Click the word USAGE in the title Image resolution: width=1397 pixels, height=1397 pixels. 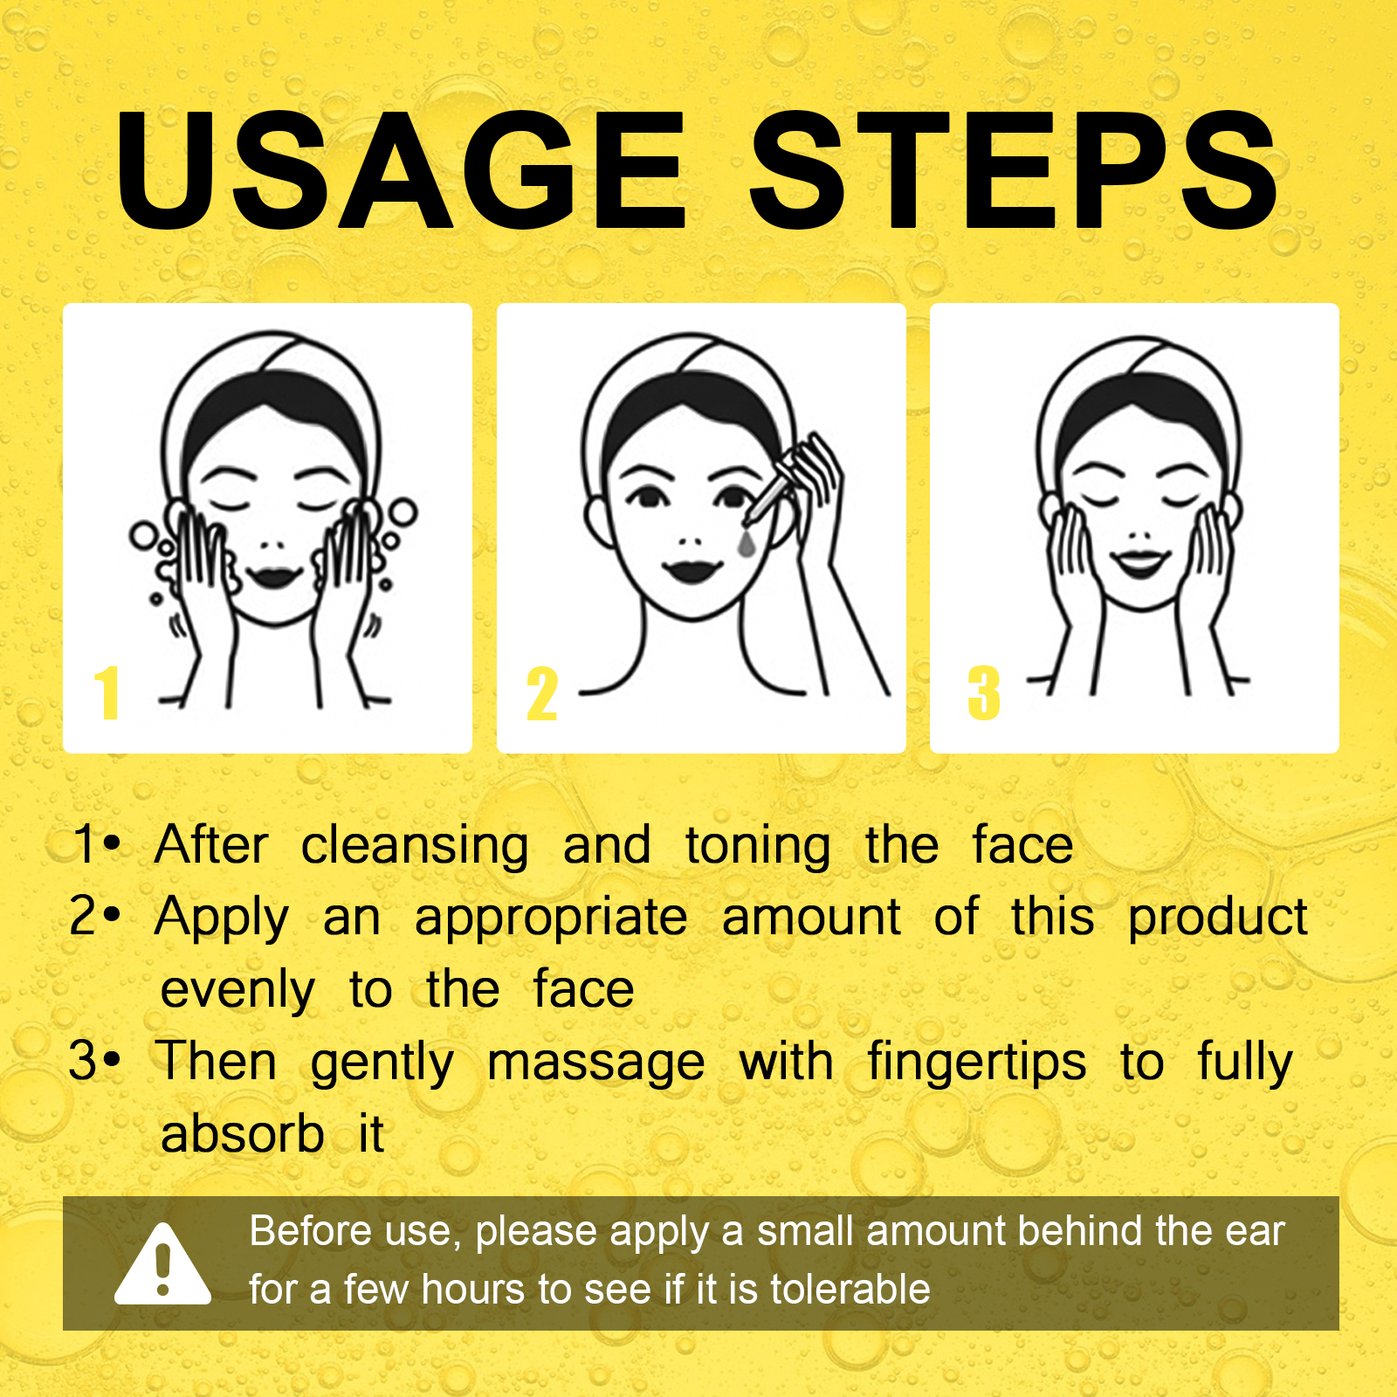[x=400, y=170]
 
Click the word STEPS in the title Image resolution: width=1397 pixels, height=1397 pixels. [x=1014, y=170]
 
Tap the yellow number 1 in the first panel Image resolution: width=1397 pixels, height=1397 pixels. [x=107, y=692]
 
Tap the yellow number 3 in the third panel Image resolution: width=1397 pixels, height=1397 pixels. [x=984, y=693]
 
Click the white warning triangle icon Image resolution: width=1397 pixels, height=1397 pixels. [x=162, y=1265]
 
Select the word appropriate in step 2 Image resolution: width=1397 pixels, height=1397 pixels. [x=551, y=919]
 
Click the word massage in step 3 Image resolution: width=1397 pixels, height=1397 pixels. [x=596, y=1064]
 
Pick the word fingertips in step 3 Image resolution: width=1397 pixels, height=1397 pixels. [x=977, y=1063]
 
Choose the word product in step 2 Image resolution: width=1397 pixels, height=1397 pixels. [x=1218, y=919]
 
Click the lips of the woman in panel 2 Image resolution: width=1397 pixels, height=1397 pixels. [x=692, y=570]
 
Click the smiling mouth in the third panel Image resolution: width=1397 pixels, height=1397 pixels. [x=1140, y=562]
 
